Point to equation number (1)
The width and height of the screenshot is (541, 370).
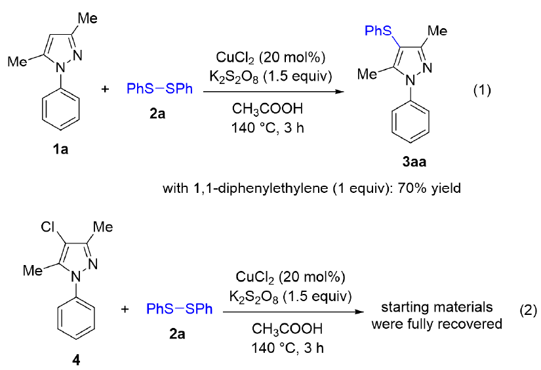(486, 89)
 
